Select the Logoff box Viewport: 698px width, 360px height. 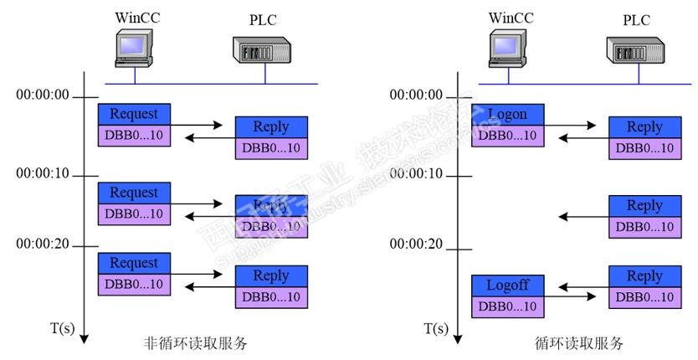tap(507, 285)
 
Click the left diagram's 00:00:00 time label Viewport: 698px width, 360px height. tap(43, 95)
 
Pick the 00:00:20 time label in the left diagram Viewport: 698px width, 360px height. tap(43, 244)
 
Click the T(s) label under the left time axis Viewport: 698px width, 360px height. tap(61, 329)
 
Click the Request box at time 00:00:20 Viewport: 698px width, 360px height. tap(134, 262)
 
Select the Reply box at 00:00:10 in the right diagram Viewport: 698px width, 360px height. tap(644, 206)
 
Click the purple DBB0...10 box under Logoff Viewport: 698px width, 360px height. tap(507, 306)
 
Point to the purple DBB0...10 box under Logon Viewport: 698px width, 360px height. tap(507, 135)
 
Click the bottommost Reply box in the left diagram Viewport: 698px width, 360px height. tap(270, 276)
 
